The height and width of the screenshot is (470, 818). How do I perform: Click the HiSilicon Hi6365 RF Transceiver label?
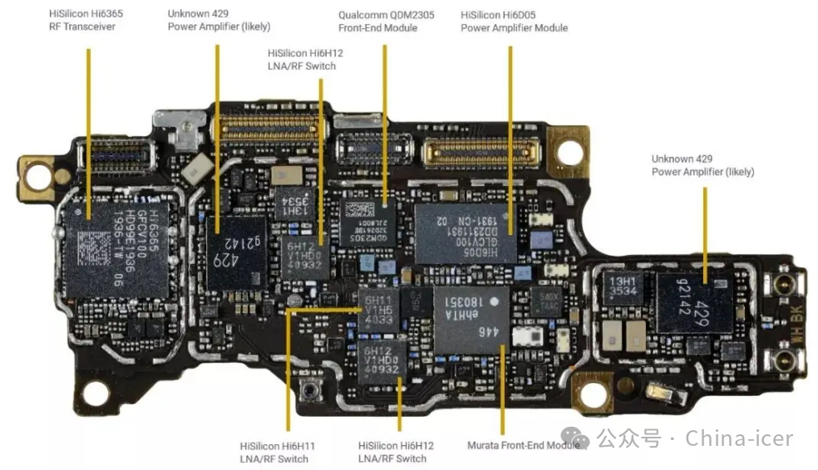point(82,21)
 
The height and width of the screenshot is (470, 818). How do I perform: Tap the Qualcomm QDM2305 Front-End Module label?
point(377,22)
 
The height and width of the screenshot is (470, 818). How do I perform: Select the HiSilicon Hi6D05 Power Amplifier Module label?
point(514,22)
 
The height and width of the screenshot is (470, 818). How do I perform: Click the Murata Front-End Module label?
point(523,445)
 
